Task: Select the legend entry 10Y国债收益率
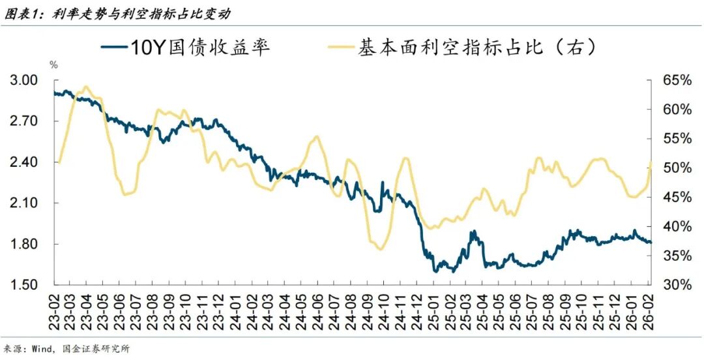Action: click(186, 48)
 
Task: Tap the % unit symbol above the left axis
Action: click(53, 65)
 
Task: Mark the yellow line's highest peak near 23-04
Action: click(87, 86)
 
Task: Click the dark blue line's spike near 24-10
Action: click(382, 182)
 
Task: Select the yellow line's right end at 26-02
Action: click(651, 162)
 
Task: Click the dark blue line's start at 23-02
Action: click(55, 93)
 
